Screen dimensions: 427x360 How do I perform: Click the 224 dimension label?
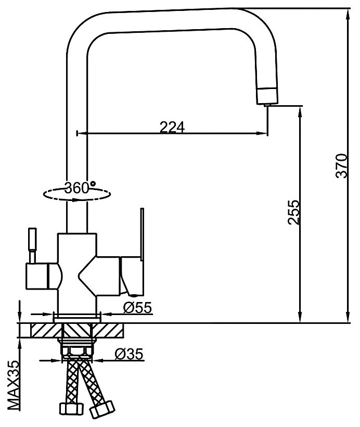(x=172, y=127)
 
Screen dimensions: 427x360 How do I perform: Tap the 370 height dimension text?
(x=341, y=166)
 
